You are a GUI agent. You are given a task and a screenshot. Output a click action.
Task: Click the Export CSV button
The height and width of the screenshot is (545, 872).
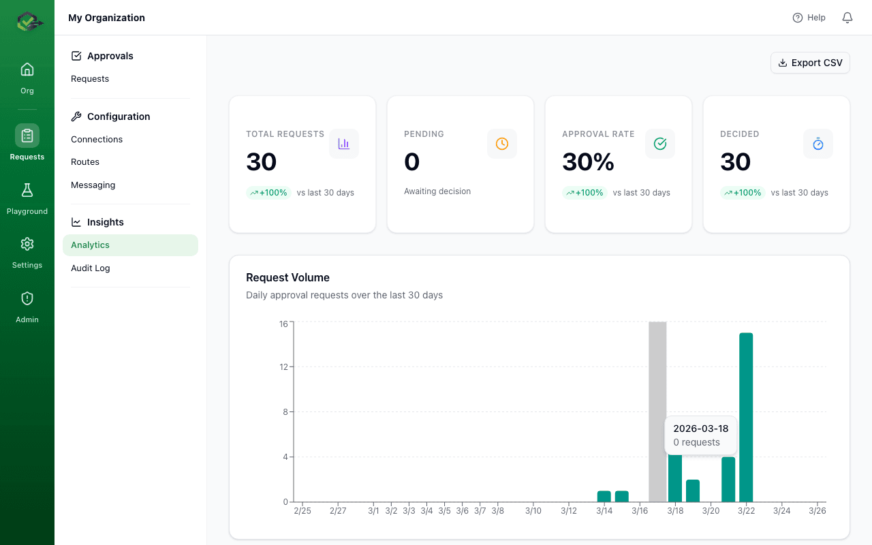click(x=810, y=63)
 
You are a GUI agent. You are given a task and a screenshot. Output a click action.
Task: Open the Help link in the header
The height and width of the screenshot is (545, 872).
click(x=809, y=18)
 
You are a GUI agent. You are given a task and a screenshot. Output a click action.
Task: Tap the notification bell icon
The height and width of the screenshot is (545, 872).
click(x=847, y=18)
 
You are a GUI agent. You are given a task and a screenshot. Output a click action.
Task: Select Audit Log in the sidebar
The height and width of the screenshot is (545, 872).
click(x=91, y=268)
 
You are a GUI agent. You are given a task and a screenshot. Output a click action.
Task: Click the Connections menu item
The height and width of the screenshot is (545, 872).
click(x=97, y=139)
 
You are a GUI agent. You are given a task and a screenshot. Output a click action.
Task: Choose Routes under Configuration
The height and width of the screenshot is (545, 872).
click(x=85, y=161)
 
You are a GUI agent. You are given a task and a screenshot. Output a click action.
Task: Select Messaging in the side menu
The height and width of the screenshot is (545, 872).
click(x=93, y=185)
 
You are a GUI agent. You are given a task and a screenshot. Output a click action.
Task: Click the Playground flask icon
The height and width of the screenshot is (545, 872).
click(x=27, y=190)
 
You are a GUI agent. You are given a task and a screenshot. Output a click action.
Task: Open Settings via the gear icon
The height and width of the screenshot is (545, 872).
click(x=27, y=244)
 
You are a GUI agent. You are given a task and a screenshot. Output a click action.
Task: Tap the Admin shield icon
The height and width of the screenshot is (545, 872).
click(x=27, y=298)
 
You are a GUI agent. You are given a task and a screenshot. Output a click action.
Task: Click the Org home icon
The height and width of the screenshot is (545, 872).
click(x=27, y=69)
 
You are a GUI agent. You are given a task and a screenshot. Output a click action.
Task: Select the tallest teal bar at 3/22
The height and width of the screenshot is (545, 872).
click(x=746, y=417)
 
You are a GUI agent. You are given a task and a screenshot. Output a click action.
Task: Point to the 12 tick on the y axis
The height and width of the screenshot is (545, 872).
click(x=283, y=367)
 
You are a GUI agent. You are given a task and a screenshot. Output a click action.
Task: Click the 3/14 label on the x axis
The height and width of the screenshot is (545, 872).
click(x=604, y=511)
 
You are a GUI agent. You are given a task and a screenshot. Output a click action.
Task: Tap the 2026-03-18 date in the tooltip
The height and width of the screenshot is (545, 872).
click(x=700, y=429)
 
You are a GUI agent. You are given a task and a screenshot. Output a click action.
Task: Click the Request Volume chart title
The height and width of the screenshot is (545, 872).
click(x=287, y=277)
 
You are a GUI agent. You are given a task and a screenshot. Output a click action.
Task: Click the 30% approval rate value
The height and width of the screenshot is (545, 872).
click(x=588, y=162)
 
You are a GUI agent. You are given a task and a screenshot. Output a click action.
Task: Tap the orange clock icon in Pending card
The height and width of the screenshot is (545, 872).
click(x=502, y=144)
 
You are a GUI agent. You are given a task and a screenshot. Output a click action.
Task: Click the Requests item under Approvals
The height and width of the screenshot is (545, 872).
click(x=90, y=78)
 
